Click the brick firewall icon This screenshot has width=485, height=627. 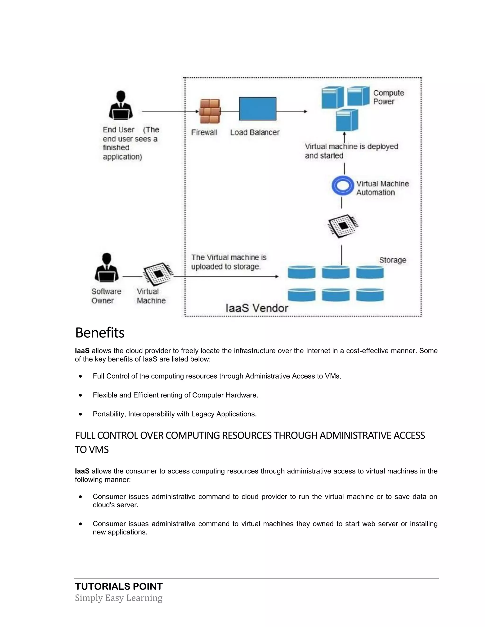click(x=210, y=111)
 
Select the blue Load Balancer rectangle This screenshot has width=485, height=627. click(x=257, y=109)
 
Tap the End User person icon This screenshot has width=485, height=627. click(x=121, y=105)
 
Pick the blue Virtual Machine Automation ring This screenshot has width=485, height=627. click(x=342, y=185)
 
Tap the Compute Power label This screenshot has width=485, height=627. click(x=388, y=97)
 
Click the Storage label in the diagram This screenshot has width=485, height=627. click(x=392, y=260)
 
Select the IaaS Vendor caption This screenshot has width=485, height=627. click(x=256, y=308)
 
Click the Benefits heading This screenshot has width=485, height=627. click(x=100, y=333)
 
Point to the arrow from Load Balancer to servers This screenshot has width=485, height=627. click(x=292, y=111)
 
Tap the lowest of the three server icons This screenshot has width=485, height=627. click(x=347, y=120)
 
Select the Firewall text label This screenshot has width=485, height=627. click(x=204, y=132)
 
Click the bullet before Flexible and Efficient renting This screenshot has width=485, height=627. click(x=81, y=395)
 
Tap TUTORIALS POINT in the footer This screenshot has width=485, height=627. click(x=119, y=587)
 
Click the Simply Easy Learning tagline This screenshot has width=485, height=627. click(x=119, y=598)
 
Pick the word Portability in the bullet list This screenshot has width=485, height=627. click(x=109, y=414)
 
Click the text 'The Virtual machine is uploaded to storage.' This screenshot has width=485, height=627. click(x=229, y=262)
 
